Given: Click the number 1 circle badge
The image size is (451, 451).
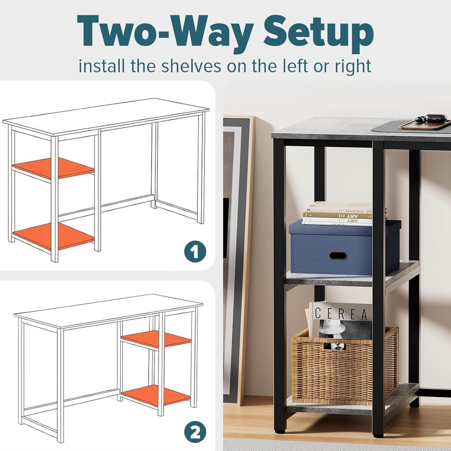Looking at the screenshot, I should click(x=195, y=252).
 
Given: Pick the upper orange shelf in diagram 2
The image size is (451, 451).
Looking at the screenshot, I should click(x=156, y=339).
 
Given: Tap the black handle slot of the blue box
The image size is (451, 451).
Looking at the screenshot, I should click(x=338, y=256).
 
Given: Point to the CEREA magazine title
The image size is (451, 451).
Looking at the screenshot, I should click(x=341, y=314).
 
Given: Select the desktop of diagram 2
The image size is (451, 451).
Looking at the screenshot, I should click(x=108, y=311).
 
